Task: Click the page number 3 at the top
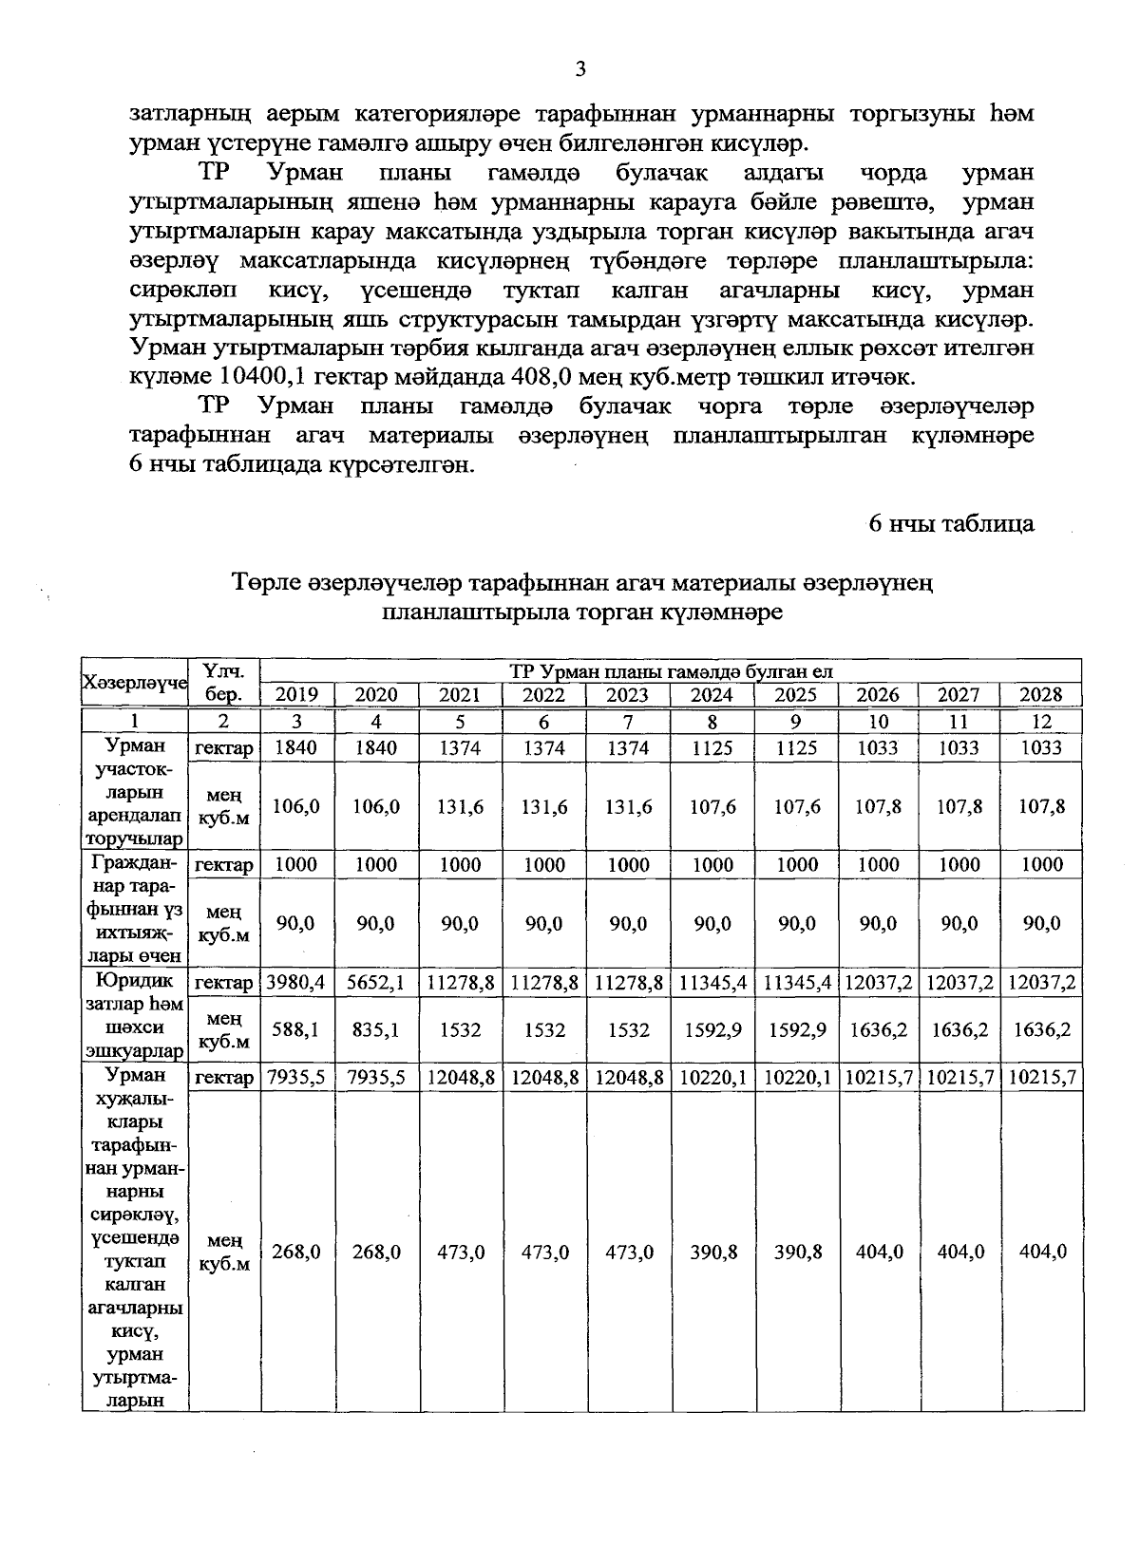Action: pos(580,68)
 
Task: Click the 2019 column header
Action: pos(296,695)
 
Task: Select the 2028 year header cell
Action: pos(1041,695)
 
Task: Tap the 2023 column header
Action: pos(628,695)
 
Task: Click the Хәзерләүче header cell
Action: pos(136,683)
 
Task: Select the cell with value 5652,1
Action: pos(376,983)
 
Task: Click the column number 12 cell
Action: pos(1041,722)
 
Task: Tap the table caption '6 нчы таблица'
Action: pos(952,523)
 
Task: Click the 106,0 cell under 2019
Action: pos(296,806)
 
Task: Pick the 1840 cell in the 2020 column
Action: pos(376,748)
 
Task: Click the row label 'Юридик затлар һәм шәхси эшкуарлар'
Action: pos(136,1015)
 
